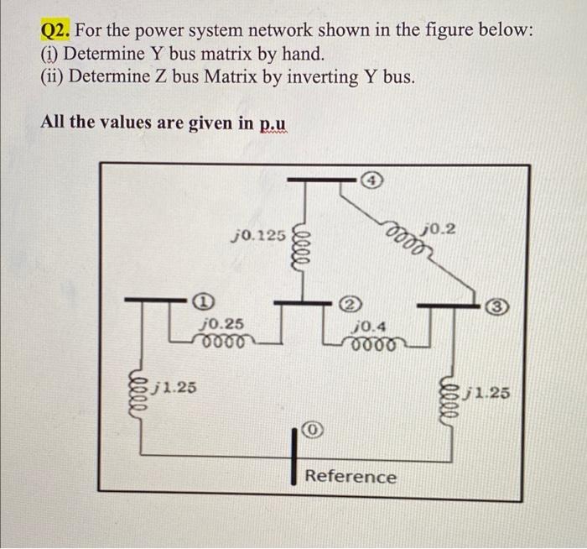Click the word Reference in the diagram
tap(351, 477)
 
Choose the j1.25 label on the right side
tap(486, 392)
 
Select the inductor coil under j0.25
tap(222, 342)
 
